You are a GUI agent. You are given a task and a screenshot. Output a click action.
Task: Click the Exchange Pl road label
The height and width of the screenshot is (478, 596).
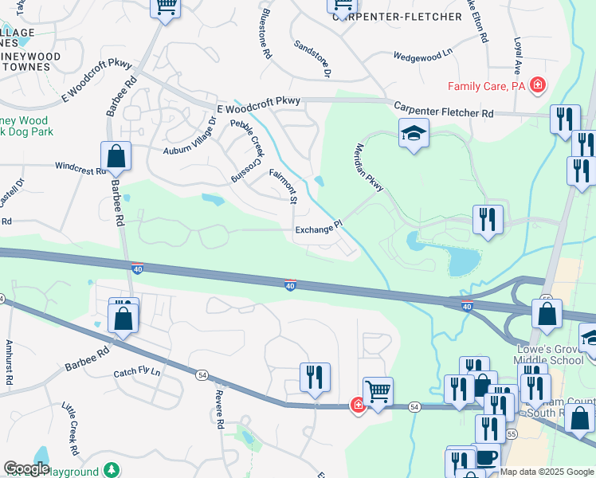pos(318,229)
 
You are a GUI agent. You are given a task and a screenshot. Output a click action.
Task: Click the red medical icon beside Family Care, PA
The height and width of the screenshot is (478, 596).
pos(539,84)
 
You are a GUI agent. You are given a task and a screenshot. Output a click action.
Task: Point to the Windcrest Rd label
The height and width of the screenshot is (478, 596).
pos(80,167)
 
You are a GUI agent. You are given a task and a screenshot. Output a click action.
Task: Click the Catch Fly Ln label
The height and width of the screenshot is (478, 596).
pos(137,372)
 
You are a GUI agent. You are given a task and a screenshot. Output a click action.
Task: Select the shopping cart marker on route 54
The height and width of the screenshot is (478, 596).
pos(378,391)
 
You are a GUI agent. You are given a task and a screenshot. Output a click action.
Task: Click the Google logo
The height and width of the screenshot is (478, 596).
pos(25,468)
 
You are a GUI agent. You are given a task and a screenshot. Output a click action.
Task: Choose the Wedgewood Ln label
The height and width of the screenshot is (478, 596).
pos(422,55)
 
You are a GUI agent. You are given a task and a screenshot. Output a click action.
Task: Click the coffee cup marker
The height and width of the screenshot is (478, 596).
pos(485,460)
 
